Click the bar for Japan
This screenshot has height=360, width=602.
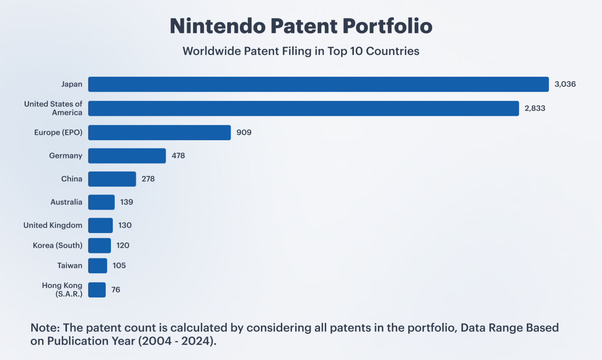tap(318, 84)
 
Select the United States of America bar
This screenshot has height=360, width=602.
tap(303, 109)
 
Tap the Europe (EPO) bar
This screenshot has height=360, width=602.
tap(159, 132)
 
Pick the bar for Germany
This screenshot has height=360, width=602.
tap(127, 156)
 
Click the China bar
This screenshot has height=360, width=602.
tap(112, 179)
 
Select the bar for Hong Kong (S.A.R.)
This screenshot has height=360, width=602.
tap(97, 290)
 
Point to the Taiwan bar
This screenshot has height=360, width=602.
tap(97, 266)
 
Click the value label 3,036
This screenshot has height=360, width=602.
tap(565, 84)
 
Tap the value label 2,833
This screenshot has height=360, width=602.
tap(535, 109)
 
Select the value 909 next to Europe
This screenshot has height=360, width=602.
tap(244, 132)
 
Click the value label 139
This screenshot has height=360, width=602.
tap(127, 202)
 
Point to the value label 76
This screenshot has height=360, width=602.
tap(116, 290)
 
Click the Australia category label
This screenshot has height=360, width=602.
tap(66, 202)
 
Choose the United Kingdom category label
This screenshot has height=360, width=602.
tap(53, 225)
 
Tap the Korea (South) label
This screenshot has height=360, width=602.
tap(58, 246)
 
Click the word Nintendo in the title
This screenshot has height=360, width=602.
tap(218, 26)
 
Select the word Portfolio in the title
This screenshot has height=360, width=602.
tap(387, 26)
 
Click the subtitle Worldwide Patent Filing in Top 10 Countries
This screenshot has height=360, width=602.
tap(301, 51)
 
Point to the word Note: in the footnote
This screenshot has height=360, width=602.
tap(45, 328)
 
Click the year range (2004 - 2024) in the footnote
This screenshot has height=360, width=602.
tap(177, 341)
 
